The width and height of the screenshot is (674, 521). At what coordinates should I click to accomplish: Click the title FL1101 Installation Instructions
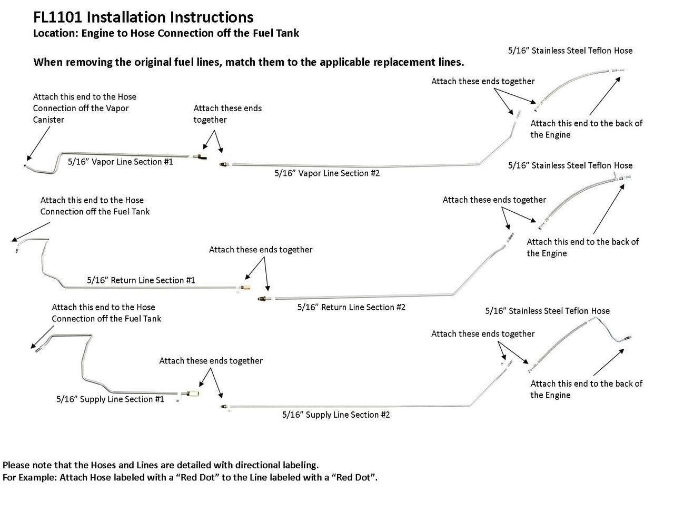[x=143, y=18]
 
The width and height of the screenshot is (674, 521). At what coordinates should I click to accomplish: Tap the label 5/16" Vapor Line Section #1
[x=121, y=162]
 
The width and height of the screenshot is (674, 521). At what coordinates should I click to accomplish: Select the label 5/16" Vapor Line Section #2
[x=327, y=173]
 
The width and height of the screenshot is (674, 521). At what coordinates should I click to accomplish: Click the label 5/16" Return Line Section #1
[x=141, y=280]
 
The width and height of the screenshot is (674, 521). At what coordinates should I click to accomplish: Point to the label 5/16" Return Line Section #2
[x=351, y=307]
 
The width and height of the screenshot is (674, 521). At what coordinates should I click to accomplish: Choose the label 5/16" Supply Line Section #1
[x=110, y=399]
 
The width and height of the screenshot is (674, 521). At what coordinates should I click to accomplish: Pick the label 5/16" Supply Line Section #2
[x=336, y=415]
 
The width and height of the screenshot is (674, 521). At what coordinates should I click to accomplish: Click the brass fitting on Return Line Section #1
[x=245, y=287]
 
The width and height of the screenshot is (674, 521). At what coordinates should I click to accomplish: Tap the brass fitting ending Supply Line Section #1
[x=192, y=393]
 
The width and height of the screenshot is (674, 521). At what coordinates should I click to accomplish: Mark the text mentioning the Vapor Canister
[x=84, y=108]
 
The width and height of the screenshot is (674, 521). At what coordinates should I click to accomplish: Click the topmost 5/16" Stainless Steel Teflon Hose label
[x=570, y=51]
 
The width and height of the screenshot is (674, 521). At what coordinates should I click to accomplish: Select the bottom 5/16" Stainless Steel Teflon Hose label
[x=547, y=311]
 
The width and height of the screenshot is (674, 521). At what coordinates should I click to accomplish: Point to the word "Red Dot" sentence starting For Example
[x=190, y=478]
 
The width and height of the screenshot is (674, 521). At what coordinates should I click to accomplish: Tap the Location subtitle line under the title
[x=166, y=33]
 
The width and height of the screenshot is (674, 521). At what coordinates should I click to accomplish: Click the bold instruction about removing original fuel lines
[x=249, y=62]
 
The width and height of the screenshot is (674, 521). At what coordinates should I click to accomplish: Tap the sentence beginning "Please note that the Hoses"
[x=161, y=465]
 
